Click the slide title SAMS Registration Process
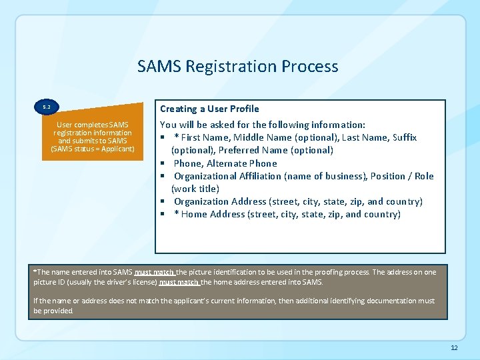pos(237,67)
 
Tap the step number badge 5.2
pos(47,107)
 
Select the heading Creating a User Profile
pos(209,109)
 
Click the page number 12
pos(454,348)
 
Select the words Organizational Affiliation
pos(227,176)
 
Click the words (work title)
pos(195,189)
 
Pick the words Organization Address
pos(220,201)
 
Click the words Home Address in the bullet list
pos(213,214)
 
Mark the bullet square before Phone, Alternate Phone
pos(163,163)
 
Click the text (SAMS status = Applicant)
pos(93,148)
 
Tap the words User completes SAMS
pos(93,125)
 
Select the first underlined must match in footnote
pos(154,272)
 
